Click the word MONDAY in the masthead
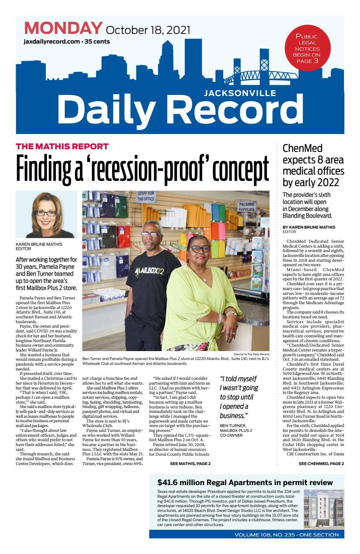click(x=63, y=28)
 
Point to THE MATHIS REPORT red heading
click(x=62, y=146)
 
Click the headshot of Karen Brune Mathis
click(x=46, y=214)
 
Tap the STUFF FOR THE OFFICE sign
click(x=146, y=196)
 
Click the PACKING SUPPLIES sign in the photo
click(x=246, y=207)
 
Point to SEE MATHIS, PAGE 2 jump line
click(x=190, y=464)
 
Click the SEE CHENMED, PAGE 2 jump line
click(x=321, y=464)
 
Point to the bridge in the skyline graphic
click(x=253, y=76)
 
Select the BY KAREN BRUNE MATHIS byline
click(x=309, y=227)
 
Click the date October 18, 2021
click(x=148, y=30)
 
